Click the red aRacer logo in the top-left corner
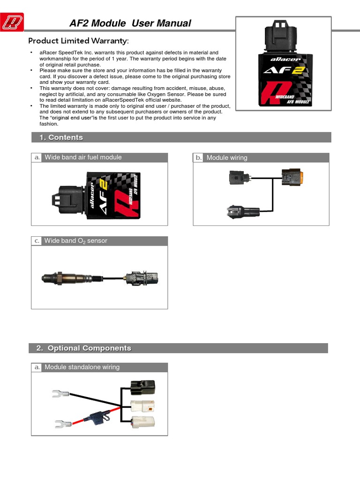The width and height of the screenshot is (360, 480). tap(13, 22)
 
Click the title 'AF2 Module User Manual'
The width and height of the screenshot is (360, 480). tap(130, 23)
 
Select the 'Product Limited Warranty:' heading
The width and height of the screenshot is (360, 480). tap(78, 41)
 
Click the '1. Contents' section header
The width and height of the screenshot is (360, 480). tap(66, 137)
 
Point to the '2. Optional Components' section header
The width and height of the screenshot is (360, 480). tap(89, 348)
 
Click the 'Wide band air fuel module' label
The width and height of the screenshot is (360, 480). tap(83, 157)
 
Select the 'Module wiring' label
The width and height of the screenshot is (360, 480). tap(227, 158)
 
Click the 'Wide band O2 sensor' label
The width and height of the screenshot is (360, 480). tap(76, 241)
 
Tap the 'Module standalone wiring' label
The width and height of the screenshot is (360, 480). tap(82, 367)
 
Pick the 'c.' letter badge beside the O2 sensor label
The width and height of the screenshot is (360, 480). tap(37, 241)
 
